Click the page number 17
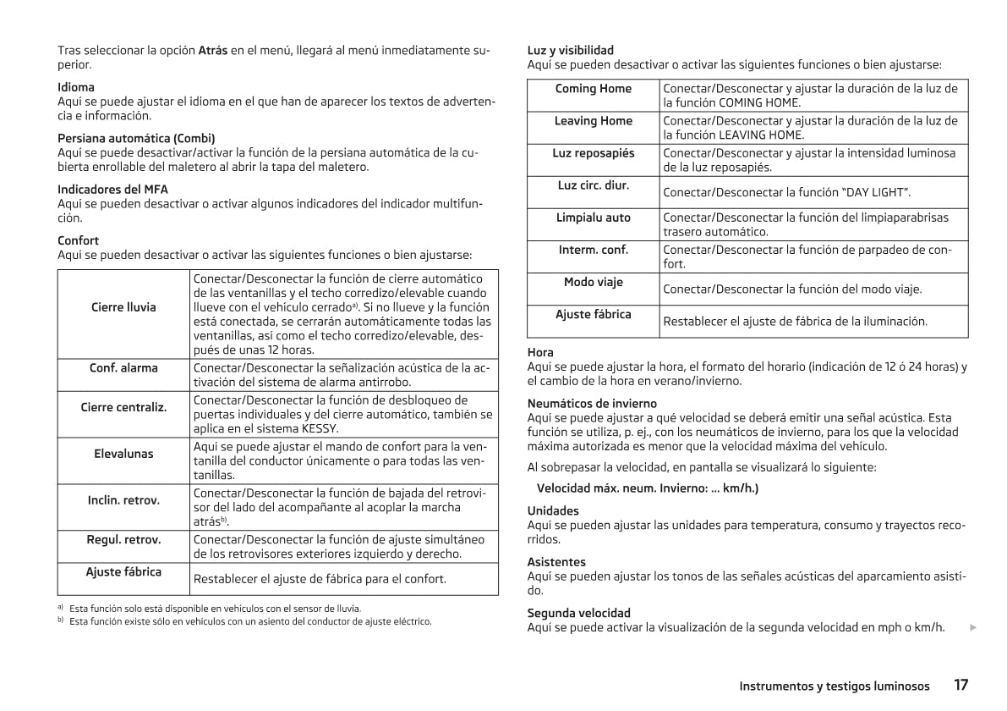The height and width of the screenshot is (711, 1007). pyautogui.click(x=960, y=685)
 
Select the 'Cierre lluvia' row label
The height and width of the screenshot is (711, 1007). pyautogui.click(x=123, y=307)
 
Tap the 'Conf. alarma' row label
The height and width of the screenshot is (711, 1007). pyautogui.click(x=123, y=368)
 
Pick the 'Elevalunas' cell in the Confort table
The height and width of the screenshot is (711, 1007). pyautogui.click(x=123, y=454)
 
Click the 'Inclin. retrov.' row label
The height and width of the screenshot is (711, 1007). pyautogui.click(x=123, y=500)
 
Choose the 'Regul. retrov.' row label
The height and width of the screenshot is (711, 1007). pyautogui.click(x=123, y=539)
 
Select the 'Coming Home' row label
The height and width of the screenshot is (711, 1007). pyautogui.click(x=593, y=89)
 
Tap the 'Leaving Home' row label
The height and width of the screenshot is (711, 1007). pyautogui.click(x=593, y=121)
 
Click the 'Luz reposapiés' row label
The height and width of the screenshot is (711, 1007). pyautogui.click(x=593, y=153)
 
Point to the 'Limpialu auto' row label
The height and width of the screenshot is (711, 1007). pyautogui.click(x=593, y=218)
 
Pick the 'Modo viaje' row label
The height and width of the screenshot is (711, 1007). pyautogui.click(x=593, y=282)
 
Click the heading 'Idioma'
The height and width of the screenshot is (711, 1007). pyautogui.click(x=76, y=87)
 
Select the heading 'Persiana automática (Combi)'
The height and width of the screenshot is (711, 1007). pyautogui.click(x=136, y=138)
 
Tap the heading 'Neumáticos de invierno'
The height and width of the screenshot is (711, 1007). pyautogui.click(x=592, y=404)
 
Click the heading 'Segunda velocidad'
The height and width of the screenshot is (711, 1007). pyautogui.click(x=578, y=613)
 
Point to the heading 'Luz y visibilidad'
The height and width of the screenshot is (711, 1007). pyautogui.click(x=571, y=50)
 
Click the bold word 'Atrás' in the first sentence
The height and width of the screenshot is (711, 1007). pyautogui.click(x=212, y=50)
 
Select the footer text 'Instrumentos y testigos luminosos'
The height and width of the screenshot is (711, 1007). pyautogui.click(x=834, y=686)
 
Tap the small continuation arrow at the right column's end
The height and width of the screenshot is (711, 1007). pyautogui.click(x=973, y=627)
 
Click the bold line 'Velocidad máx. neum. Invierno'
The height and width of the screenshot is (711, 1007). pyautogui.click(x=648, y=488)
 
